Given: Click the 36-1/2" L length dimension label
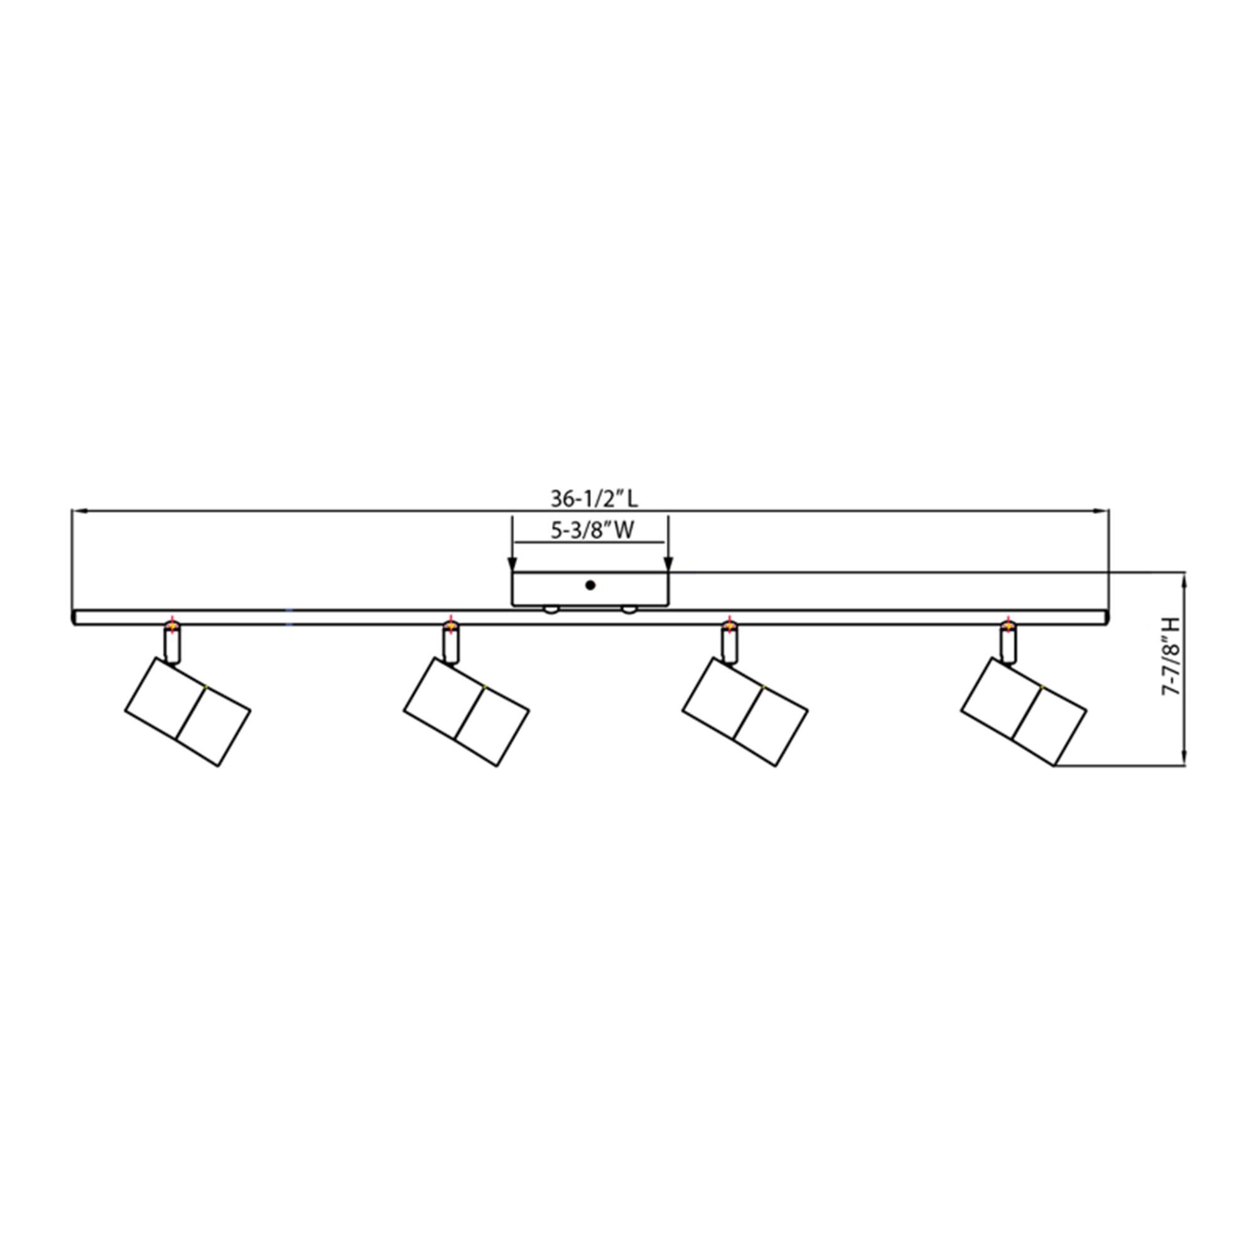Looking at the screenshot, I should (x=594, y=499).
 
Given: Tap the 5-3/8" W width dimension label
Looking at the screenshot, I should (x=592, y=531).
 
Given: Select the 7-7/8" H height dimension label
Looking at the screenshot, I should (x=1169, y=658).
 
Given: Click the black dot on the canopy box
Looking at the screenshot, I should (x=590, y=585).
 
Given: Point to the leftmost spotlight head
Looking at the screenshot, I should (x=187, y=712).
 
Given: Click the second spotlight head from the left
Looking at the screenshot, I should (x=466, y=712).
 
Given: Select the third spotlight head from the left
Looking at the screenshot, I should (x=745, y=712).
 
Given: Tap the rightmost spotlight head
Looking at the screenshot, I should (x=1023, y=712).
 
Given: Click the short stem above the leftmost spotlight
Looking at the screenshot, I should (x=172, y=644).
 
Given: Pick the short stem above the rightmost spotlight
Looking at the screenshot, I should (x=1009, y=644).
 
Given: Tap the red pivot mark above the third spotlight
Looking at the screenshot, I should (x=729, y=625).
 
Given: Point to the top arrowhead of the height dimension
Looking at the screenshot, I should (x=1186, y=580).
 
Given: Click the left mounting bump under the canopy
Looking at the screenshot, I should (x=551, y=609).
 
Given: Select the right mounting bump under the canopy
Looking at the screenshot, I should (x=628, y=609).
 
